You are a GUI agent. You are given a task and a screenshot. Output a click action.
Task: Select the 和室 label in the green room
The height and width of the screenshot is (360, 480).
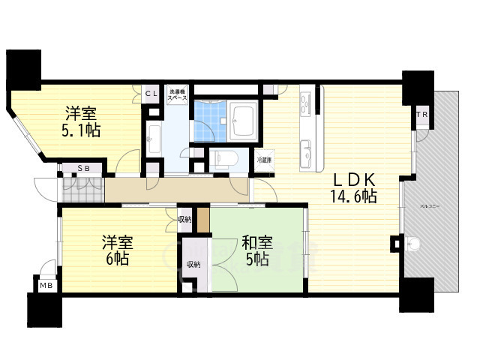point(256,243)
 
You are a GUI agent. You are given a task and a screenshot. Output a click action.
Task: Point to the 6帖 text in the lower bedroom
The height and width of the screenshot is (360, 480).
point(116,259)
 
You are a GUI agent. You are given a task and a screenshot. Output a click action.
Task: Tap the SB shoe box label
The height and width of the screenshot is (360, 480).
point(84,169)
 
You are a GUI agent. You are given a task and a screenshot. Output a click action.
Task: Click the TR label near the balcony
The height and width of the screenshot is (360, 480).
point(423,115)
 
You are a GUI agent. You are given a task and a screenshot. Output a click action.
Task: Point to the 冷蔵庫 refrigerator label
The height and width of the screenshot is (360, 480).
point(264,160)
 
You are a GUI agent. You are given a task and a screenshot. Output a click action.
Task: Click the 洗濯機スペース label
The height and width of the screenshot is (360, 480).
point(177,94)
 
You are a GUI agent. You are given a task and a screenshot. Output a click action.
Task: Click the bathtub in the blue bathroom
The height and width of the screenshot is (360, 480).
point(244,118)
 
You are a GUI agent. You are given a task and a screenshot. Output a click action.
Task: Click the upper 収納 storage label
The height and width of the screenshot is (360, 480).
point(184,219)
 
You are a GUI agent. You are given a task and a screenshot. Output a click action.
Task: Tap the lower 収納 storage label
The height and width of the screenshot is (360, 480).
point(193,264)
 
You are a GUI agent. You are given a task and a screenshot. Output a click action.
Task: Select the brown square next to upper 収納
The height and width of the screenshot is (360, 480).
point(202,219)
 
